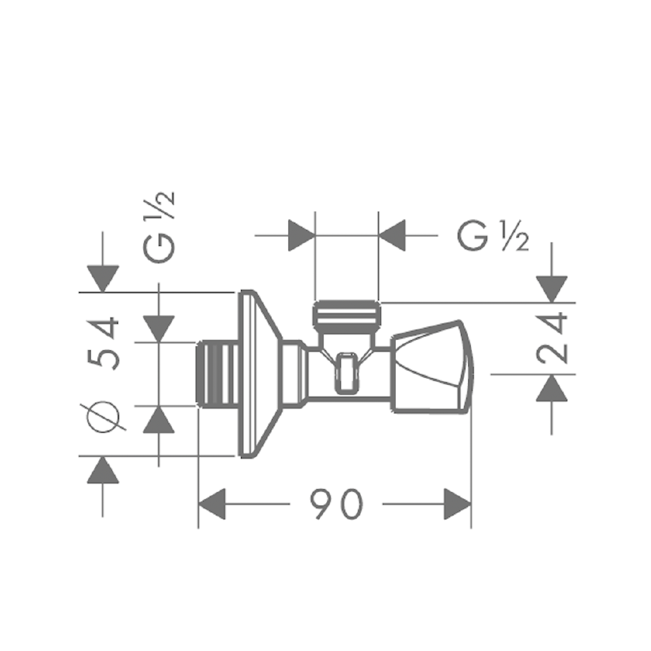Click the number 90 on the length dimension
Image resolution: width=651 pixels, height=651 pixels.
click(x=336, y=504)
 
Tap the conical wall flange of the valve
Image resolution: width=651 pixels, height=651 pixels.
click(x=257, y=375)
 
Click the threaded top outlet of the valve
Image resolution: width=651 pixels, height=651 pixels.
click(x=346, y=315)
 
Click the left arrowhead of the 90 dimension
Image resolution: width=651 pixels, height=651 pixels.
click(x=212, y=504)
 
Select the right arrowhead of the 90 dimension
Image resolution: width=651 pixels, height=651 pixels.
click(x=457, y=504)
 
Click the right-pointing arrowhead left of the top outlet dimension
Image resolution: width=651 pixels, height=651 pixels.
click(x=301, y=236)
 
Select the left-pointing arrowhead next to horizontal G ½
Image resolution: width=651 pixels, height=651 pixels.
click(x=393, y=236)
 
